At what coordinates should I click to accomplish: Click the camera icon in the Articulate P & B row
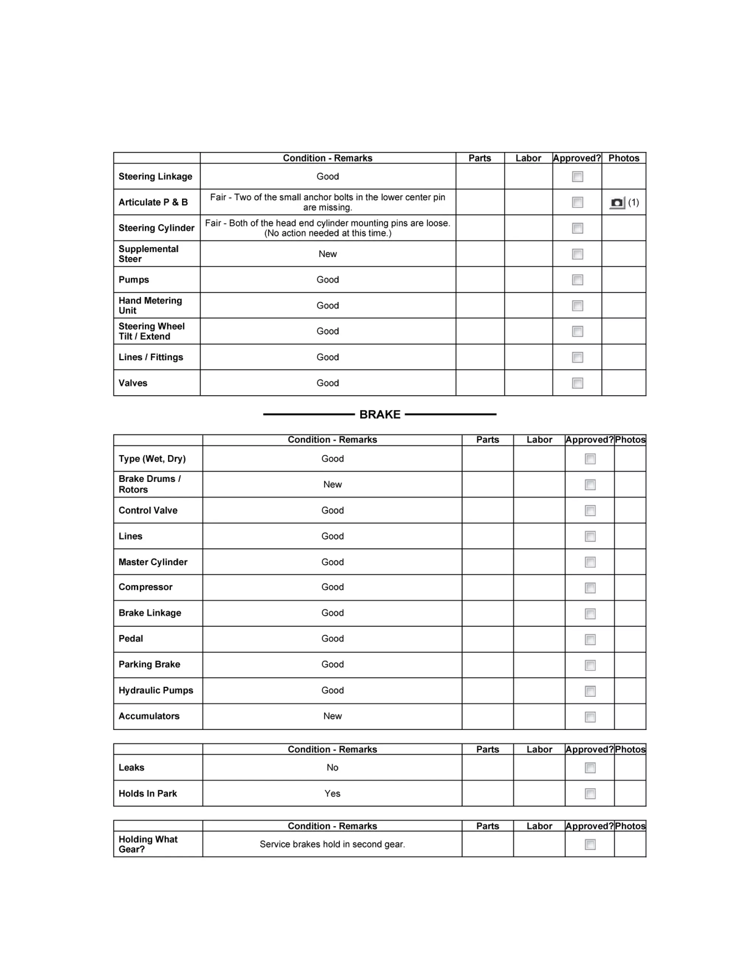click(x=617, y=203)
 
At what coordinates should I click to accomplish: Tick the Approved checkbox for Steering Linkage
click(x=577, y=177)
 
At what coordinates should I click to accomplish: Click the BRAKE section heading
click(x=380, y=414)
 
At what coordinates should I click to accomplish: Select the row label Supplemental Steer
click(x=148, y=254)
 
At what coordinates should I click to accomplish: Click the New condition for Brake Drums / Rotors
click(x=332, y=484)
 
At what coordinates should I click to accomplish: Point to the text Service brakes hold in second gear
click(x=332, y=844)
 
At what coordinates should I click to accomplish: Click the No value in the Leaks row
click(x=332, y=768)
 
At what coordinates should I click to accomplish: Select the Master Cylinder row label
click(x=153, y=562)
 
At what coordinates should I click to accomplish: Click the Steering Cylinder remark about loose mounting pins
click(x=328, y=228)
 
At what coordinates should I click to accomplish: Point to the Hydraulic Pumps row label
click(x=156, y=690)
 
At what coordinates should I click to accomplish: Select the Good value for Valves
click(x=328, y=383)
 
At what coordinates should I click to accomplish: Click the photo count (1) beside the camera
click(x=633, y=202)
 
